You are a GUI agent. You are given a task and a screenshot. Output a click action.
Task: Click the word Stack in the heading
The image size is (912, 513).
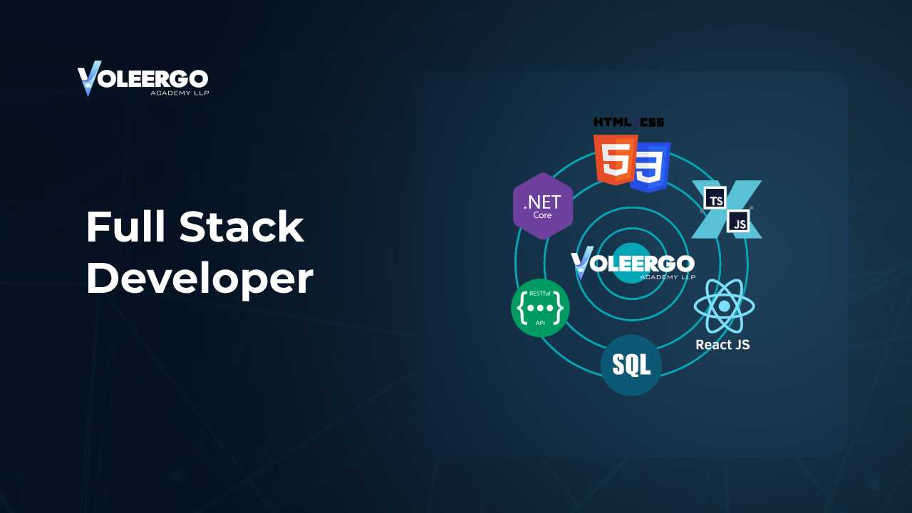(x=242, y=227)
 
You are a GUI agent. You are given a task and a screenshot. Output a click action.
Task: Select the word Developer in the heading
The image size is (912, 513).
(x=200, y=280)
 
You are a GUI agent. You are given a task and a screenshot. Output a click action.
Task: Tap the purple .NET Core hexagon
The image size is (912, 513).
(x=543, y=206)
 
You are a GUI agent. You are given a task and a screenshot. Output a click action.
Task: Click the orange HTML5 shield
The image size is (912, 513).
(x=615, y=160)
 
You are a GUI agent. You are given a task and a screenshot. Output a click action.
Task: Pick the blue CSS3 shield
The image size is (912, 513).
(x=651, y=167)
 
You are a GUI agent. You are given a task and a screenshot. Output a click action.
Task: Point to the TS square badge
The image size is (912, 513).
(x=715, y=198)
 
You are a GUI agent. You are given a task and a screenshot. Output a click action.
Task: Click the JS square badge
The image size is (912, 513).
(x=738, y=221)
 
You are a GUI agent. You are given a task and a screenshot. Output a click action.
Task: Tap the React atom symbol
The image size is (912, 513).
(x=725, y=306)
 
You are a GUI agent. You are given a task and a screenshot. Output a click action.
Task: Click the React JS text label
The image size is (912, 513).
(x=722, y=345)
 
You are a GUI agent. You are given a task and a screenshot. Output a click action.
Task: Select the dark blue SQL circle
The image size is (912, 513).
(x=631, y=366)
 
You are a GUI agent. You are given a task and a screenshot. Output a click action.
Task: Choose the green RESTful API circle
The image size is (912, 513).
(x=540, y=308)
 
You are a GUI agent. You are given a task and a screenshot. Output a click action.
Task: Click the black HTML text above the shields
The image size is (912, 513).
(x=613, y=122)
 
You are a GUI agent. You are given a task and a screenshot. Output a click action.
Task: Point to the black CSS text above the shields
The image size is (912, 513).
(x=652, y=122)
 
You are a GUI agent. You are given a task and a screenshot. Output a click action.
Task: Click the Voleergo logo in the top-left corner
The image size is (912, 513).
(x=143, y=78)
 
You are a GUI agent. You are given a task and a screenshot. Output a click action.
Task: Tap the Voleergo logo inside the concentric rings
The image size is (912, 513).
(x=633, y=263)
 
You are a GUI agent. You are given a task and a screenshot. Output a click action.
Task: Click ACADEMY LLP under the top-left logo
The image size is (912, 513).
(x=180, y=93)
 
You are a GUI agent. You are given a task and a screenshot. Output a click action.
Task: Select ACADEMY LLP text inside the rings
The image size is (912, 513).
(x=668, y=277)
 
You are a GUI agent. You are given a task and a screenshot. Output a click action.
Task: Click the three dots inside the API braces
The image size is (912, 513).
(x=540, y=309)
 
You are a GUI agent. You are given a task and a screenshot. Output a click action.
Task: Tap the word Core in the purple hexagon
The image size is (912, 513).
(x=542, y=215)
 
